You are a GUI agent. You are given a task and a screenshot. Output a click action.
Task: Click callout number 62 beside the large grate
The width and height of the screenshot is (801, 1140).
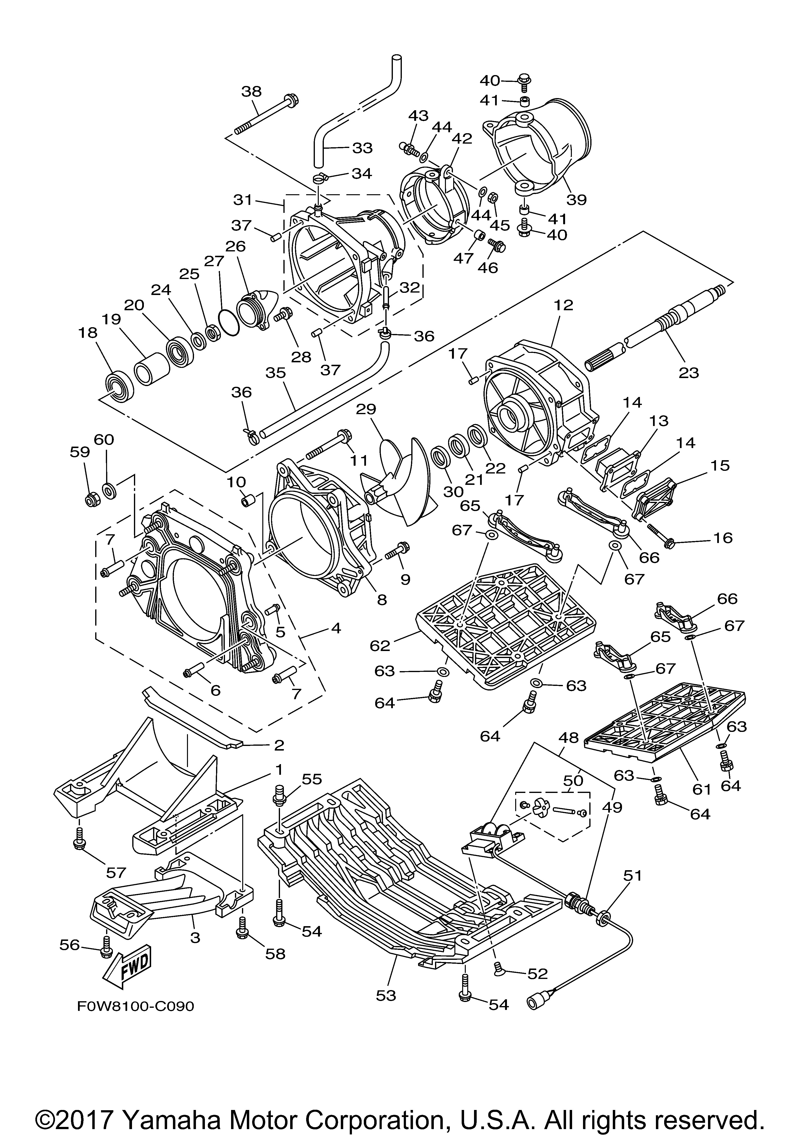[380, 646]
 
